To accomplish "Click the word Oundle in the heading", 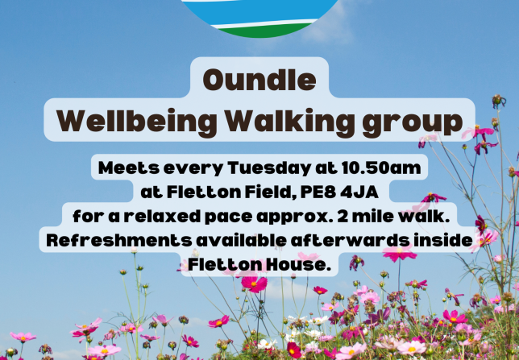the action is click(x=259, y=80).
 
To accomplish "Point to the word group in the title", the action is click(x=413, y=123).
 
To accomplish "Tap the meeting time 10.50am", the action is click(x=381, y=168).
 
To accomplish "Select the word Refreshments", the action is click(x=119, y=240).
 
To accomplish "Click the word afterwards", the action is click(x=351, y=240).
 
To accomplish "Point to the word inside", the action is click(x=443, y=240).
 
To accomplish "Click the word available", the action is click(x=242, y=240).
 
